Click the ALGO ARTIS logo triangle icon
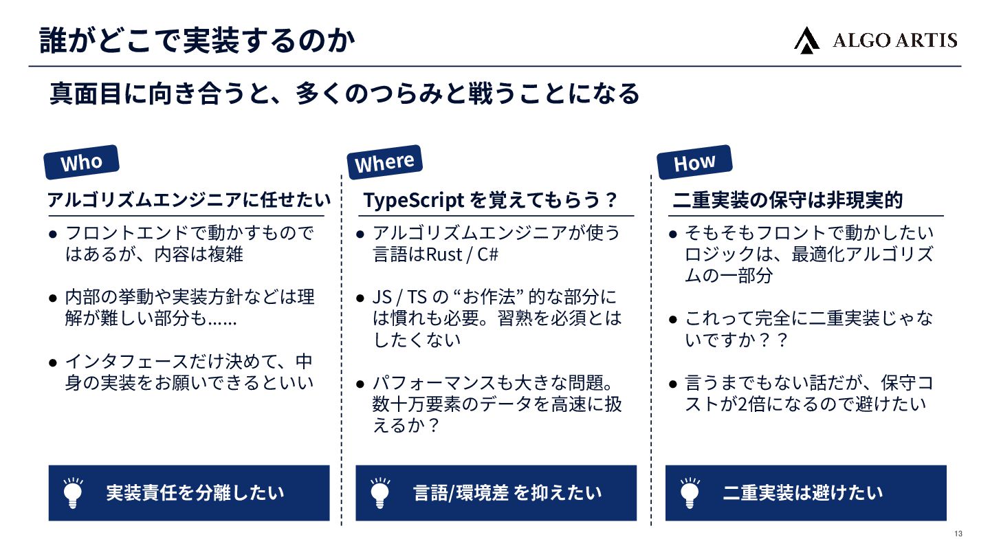(806, 40)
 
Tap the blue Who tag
(81, 162)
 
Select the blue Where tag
(385, 162)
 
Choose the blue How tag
(694, 162)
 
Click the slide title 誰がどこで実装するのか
(197, 41)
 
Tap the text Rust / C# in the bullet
(462, 254)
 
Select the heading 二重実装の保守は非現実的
(787, 200)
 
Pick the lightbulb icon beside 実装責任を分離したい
(73, 492)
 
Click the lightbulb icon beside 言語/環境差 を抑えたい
(379, 492)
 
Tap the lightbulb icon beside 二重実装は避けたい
(690, 492)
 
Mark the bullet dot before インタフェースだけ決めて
(53, 362)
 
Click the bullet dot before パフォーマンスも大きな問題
(360, 383)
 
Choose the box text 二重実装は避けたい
(802, 492)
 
